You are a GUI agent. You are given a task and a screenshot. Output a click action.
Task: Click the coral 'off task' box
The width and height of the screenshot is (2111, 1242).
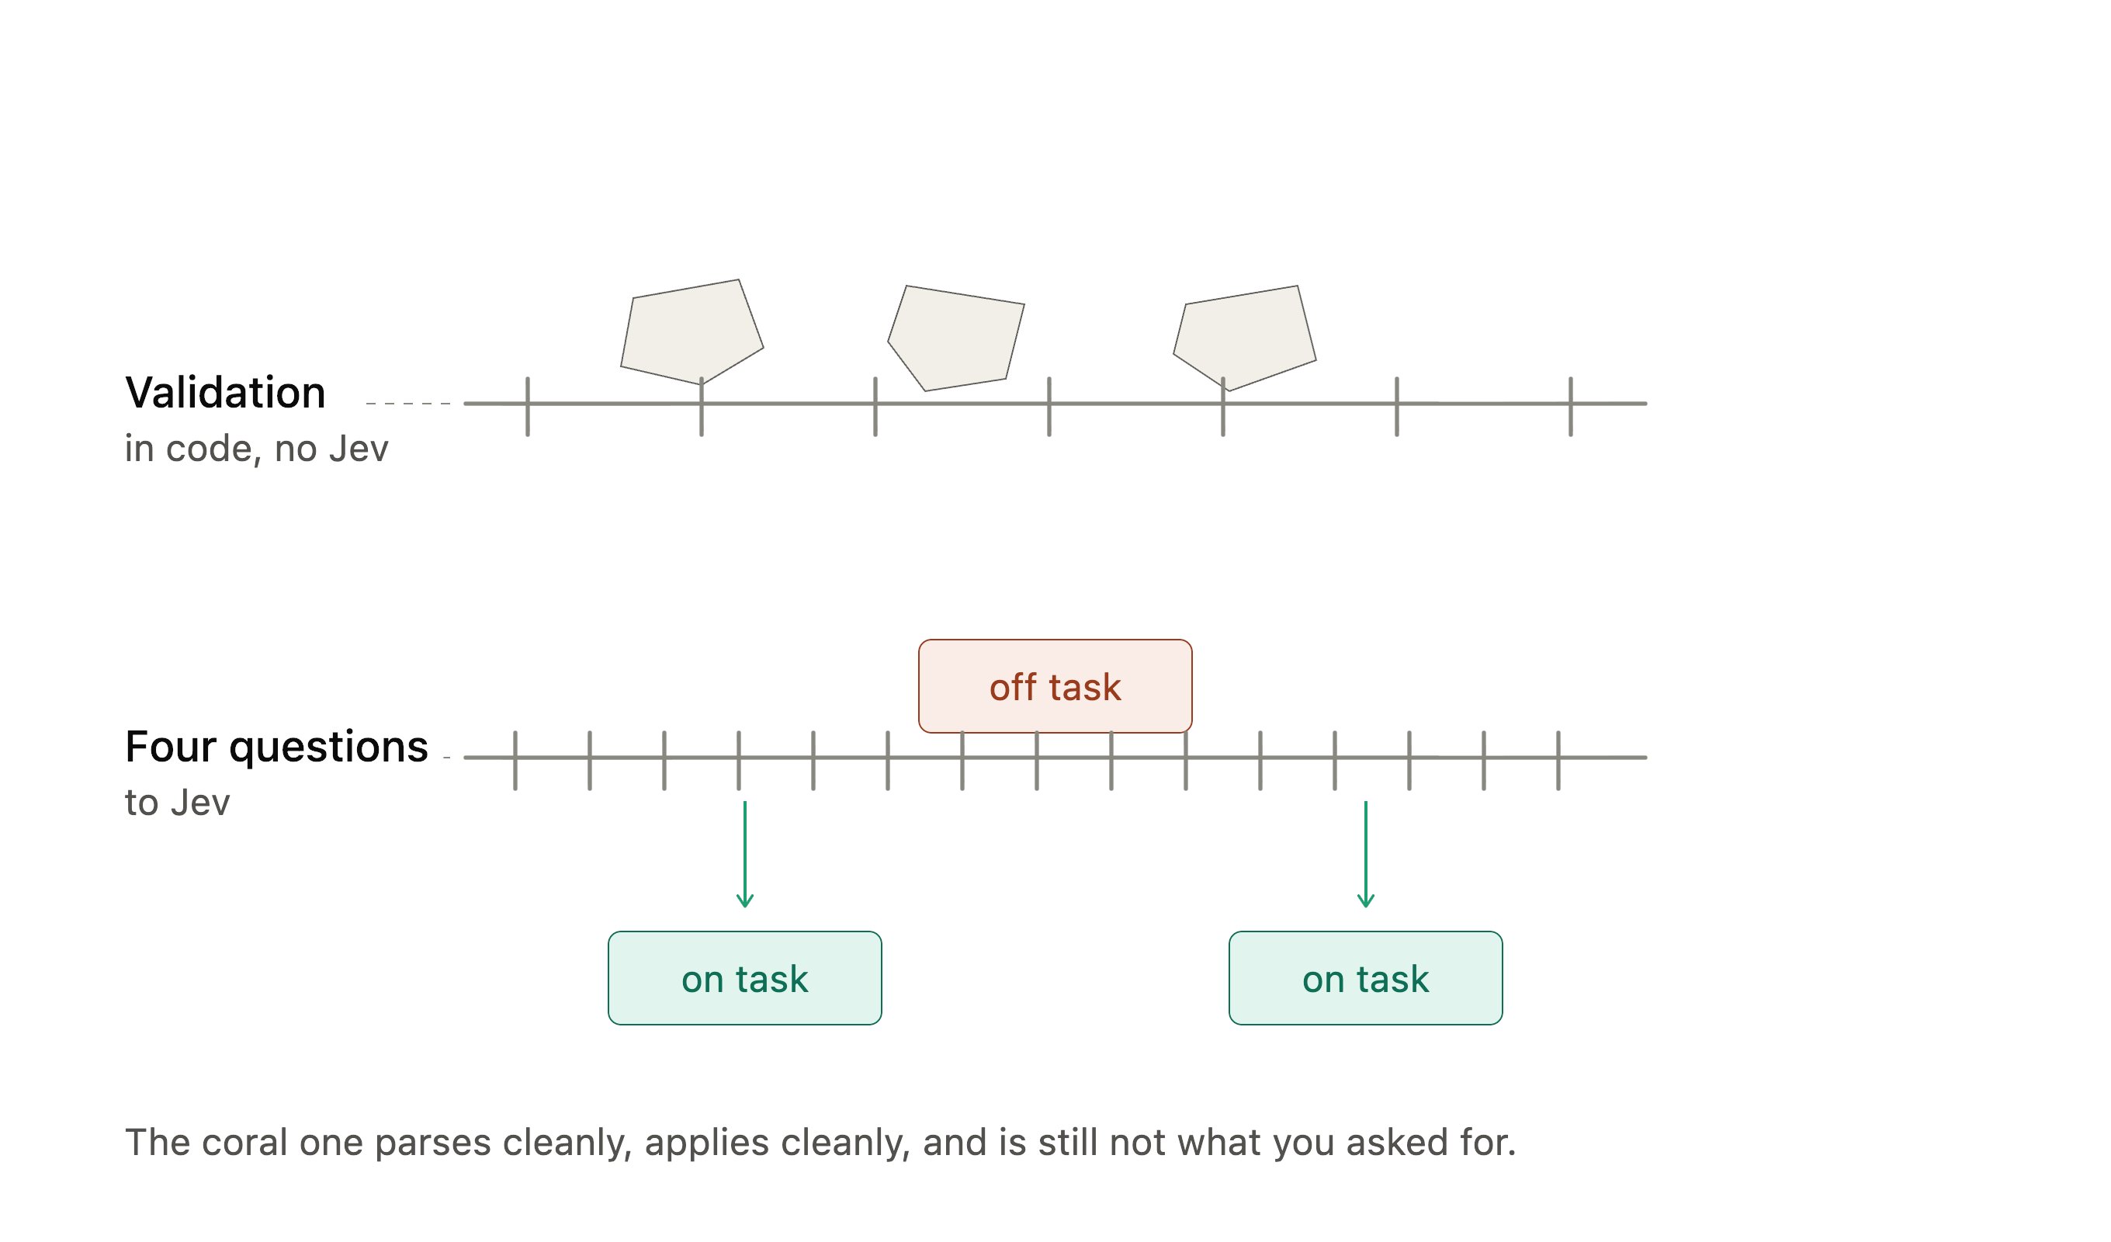point(1055,686)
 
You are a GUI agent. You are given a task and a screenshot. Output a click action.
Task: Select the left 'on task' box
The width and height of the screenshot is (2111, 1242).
point(745,978)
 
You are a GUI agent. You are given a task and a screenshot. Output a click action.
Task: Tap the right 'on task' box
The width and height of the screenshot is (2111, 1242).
point(1365,978)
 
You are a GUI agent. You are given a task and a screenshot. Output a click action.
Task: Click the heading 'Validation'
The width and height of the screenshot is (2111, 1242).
point(225,392)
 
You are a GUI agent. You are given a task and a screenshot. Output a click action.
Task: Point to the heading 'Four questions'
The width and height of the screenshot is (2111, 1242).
point(276,748)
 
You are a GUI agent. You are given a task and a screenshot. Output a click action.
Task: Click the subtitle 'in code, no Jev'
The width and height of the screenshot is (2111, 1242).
point(256,449)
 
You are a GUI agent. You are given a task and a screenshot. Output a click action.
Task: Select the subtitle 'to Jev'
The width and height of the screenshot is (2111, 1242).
point(177,803)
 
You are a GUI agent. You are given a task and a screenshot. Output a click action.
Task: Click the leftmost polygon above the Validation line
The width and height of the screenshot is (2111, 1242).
point(692,332)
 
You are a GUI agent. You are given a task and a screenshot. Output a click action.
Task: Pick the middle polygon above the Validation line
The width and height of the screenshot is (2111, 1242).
point(956,338)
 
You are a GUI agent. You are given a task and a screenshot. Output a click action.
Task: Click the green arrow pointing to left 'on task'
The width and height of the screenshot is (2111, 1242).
point(745,854)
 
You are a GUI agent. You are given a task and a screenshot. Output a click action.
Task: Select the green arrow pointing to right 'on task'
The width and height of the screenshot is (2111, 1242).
point(1365,854)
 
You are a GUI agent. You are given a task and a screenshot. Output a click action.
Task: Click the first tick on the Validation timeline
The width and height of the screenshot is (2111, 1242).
point(528,407)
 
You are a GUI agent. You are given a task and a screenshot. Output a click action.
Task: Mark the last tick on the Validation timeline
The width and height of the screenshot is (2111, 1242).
point(1571,407)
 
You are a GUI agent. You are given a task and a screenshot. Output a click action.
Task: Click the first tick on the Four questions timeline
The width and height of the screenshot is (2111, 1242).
point(515,760)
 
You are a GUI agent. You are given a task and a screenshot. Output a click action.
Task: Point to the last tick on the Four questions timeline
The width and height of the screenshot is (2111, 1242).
point(1558,760)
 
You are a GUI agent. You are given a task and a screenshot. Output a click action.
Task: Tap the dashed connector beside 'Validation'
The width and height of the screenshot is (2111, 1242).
point(409,403)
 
